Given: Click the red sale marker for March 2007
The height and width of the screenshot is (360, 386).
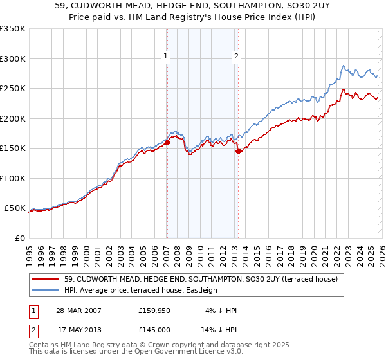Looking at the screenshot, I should click(x=167, y=143).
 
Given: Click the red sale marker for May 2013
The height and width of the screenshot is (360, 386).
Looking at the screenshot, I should click(x=237, y=152).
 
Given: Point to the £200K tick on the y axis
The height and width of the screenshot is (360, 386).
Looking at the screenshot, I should click(x=13, y=118).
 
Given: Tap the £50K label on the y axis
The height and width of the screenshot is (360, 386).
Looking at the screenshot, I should click(x=15, y=208).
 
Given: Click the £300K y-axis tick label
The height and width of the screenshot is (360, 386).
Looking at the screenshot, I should click(x=13, y=59).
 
